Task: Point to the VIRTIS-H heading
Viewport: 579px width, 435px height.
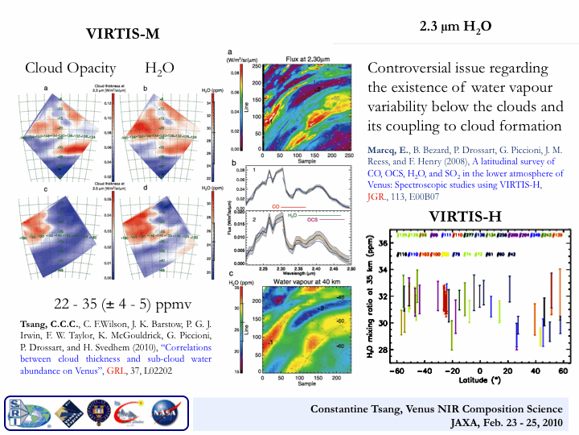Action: click(x=467, y=216)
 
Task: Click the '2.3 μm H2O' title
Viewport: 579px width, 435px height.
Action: click(x=456, y=27)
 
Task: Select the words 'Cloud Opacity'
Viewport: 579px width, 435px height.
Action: click(x=70, y=68)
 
